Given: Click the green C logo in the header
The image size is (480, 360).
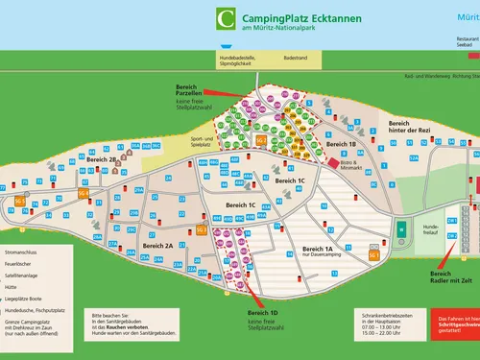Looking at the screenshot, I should click(x=226, y=18).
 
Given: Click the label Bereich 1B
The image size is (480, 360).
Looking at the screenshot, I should click(x=342, y=144).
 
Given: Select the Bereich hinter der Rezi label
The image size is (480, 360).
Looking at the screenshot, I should click(x=412, y=128).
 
